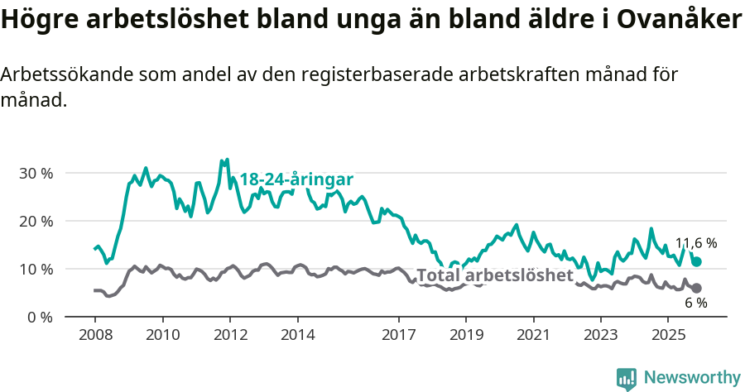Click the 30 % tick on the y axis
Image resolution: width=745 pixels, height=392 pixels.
36,174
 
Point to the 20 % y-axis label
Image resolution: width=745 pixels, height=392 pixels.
36,222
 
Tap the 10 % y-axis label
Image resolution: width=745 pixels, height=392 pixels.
36,270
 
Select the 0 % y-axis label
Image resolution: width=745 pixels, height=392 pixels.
40,318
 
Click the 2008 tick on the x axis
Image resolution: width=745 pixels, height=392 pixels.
94,335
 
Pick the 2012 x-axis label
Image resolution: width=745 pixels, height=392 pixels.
229,335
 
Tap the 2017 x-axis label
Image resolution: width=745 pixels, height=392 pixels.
398,335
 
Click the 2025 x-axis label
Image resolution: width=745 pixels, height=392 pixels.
668,335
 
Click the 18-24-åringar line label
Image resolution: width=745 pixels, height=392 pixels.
296,179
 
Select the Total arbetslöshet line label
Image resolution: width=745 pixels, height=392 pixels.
494,275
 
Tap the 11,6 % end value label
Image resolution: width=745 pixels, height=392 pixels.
696,243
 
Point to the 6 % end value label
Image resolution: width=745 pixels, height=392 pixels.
695,303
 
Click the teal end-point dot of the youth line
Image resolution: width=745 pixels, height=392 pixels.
697,261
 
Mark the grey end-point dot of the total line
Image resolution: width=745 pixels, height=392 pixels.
697,288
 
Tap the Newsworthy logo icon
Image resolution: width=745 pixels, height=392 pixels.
627,378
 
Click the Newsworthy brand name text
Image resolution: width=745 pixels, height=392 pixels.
692,378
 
